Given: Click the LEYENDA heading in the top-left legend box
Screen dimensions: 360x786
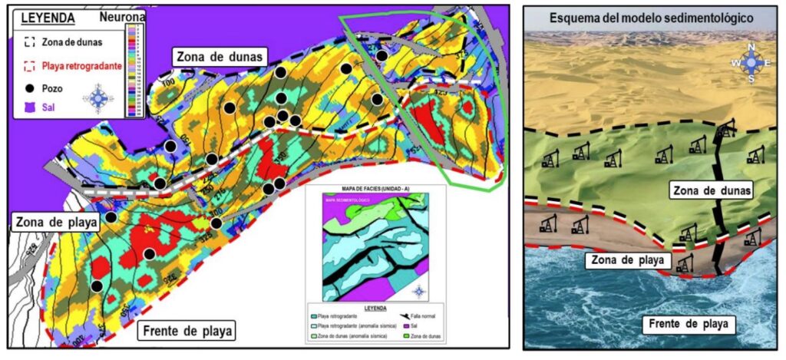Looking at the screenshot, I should tap(47, 15).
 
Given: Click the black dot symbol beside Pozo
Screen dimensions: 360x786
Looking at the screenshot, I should tap(30, 88).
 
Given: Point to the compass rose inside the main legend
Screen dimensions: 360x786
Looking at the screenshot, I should tap(98, 98).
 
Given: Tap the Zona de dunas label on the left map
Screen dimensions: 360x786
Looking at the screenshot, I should tap(220, 56).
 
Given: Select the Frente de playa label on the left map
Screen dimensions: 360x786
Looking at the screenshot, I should tap(187, 332).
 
